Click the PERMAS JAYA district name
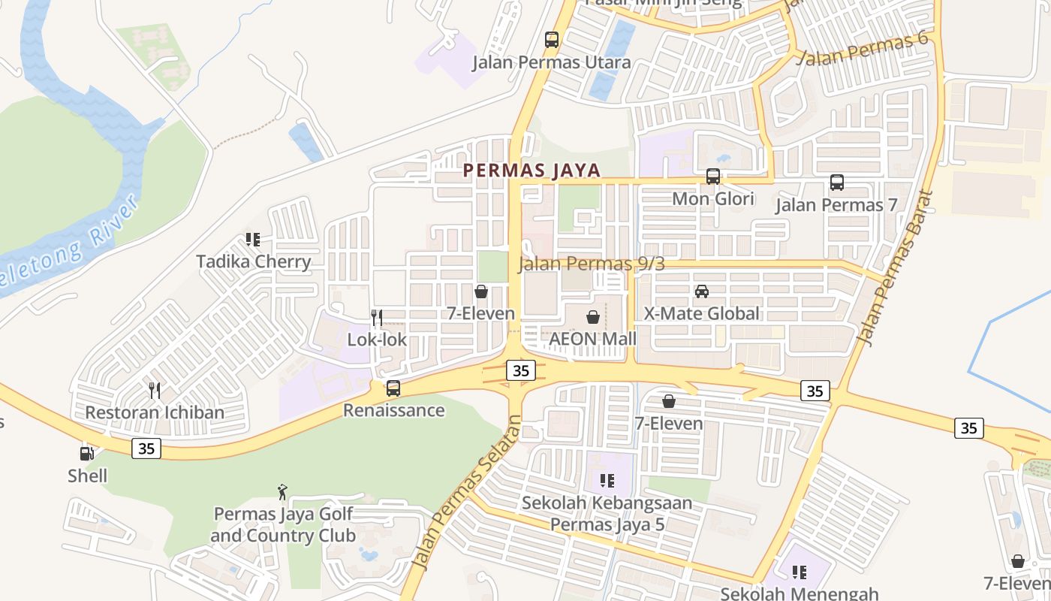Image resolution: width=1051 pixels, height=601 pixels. click(x=532, y=171)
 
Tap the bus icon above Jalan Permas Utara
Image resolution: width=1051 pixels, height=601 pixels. click(x=552, y=40)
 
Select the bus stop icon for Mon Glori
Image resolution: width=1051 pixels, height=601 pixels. click(x=713, y=177)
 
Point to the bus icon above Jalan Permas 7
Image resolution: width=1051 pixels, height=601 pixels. click(x=837, y=182)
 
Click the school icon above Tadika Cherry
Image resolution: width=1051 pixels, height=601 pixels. click(x=253, y=240)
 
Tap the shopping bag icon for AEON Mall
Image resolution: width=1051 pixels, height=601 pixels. click(x=593, y=317)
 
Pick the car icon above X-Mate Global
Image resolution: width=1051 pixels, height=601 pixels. click(x=702, y=291)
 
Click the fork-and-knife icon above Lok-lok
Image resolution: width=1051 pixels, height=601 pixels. click(x=377, y=318)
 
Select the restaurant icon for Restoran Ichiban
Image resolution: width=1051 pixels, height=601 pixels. click(x=155, y=390)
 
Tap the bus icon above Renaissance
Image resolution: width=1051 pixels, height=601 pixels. click(x=393, y=388)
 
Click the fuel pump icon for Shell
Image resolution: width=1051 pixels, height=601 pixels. click(x=87, y=453)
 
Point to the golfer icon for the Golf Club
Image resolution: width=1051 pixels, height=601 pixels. click(x=282, y=492)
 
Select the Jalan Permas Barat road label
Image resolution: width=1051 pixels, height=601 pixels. click(x=896, y=267)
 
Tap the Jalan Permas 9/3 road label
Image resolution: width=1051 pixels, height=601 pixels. click(x=592, y=264)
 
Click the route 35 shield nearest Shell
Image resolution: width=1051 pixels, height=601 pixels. click(x=146, y=448)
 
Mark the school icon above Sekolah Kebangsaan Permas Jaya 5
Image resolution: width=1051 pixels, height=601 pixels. click(x=607, y=480)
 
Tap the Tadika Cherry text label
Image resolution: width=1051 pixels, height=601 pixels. click(x=253, y=261)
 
